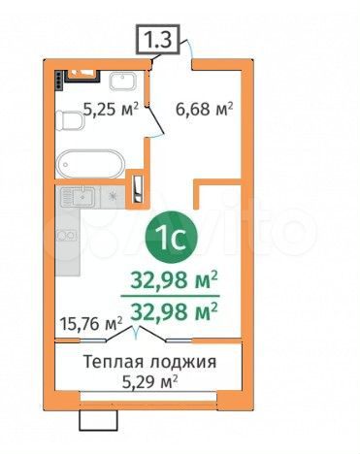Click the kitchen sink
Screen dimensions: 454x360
(x=80, y=200)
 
